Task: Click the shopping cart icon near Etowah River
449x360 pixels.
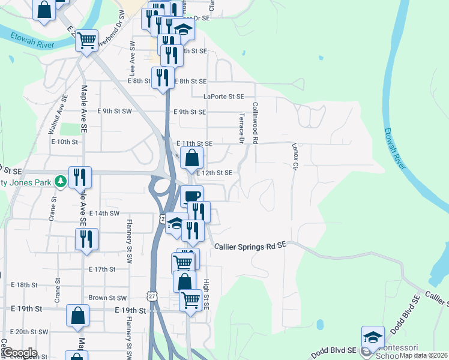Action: coord(87,41)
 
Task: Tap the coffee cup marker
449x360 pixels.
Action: coord(191,196)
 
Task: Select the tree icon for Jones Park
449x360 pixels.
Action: coord(60,181)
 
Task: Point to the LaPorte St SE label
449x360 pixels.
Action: coord(223,97)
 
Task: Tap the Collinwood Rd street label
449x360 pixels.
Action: coord(255,123)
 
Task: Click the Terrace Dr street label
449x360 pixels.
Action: coord(242,128)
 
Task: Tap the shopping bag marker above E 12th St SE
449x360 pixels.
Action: coord(191,158)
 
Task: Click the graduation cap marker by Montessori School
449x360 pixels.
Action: coord(373,337)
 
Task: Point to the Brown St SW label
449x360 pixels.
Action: coord(107,298)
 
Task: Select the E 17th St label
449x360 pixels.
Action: coord(102,269)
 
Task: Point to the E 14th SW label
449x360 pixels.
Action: coord(104,213)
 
